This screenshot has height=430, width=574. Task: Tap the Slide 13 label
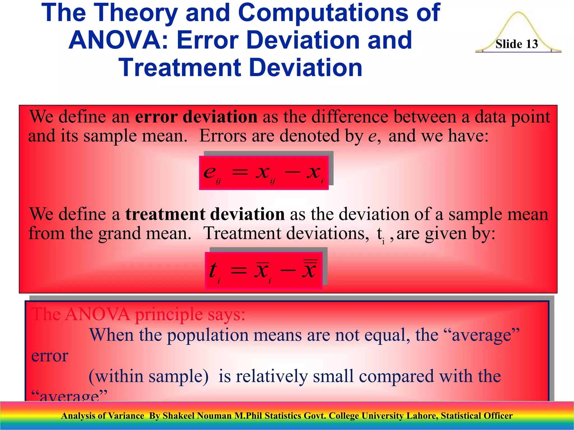pos(517,44)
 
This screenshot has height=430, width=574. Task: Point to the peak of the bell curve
pos(518,13)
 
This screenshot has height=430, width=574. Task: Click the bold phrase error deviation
pos(196,117)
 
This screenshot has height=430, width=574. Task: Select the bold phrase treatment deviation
pos(205,214)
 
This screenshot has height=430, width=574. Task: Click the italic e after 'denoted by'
pos(372,136)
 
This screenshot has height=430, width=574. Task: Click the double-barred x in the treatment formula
pos(310,269)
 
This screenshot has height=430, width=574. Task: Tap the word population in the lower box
pos(208,335)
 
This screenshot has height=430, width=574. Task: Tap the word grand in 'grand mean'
pos(119,233)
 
